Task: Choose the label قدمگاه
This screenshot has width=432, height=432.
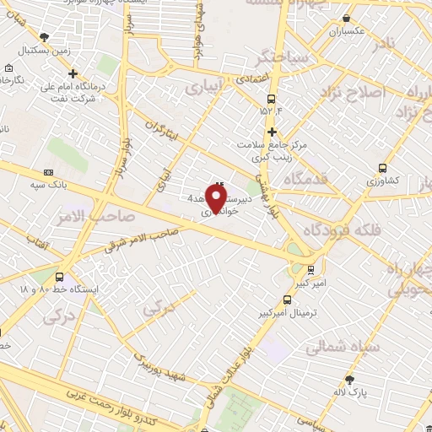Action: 311,180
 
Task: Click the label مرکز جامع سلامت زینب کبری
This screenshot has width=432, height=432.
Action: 272,148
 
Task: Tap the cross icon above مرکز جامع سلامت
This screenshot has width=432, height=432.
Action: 272,132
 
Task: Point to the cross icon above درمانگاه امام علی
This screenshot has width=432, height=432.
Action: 73,73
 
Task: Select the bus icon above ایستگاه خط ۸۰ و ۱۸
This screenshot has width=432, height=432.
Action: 59,276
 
